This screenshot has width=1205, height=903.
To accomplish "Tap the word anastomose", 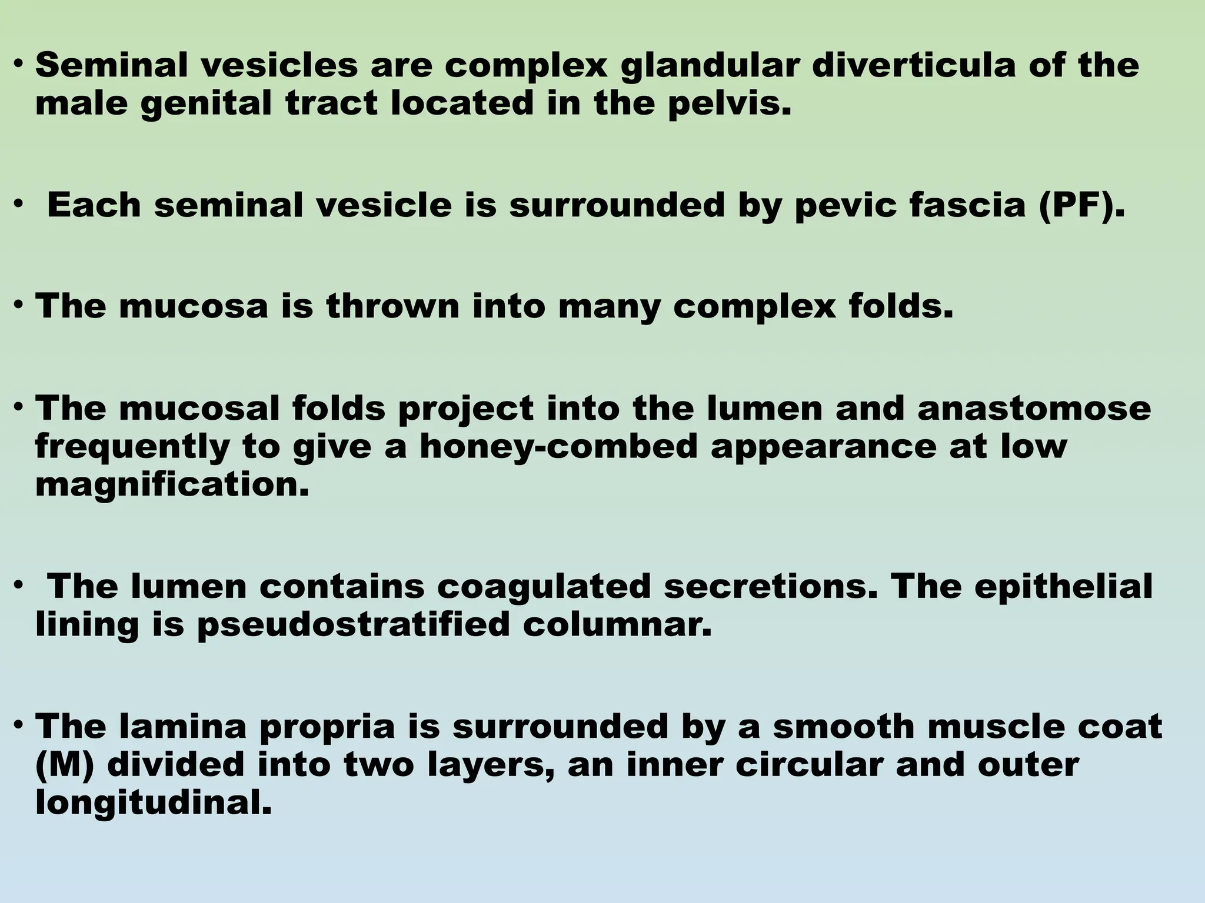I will (1034, 408).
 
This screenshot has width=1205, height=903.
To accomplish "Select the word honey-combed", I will (558, 447).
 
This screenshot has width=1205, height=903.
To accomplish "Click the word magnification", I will (172, 486).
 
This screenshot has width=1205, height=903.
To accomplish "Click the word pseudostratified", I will (352, 625).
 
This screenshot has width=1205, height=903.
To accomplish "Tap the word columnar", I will (617, 625).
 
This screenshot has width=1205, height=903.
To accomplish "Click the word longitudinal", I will (154, 804).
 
